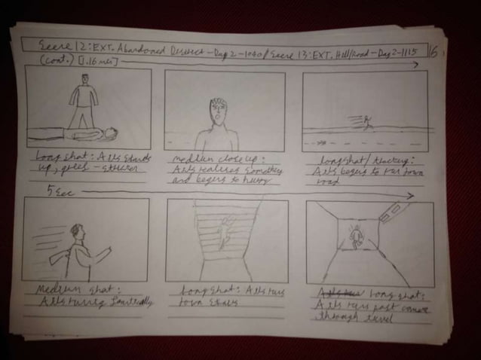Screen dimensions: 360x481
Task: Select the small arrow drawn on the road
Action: tap(323, 140)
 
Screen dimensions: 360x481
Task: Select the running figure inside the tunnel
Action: tap(356, 239)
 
